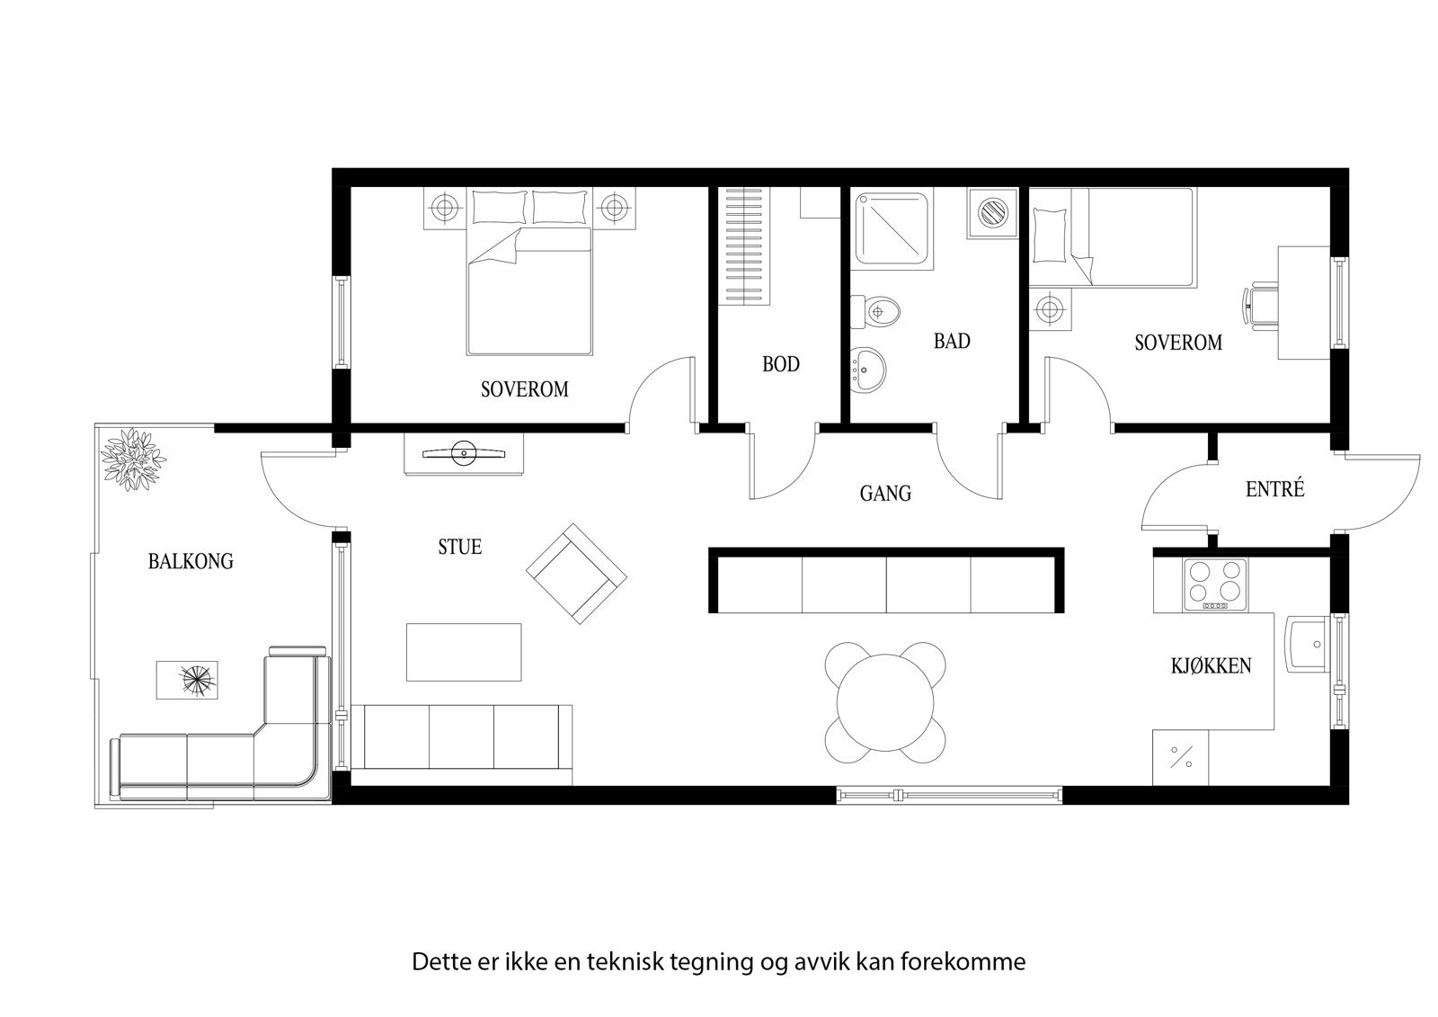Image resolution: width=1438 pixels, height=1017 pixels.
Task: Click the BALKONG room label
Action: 191,562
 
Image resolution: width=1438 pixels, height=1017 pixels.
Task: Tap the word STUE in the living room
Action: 459,547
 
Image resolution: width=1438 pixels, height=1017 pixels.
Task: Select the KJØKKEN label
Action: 1211,666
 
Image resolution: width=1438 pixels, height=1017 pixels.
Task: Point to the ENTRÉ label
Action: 1274,489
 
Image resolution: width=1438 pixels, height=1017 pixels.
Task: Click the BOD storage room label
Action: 780,365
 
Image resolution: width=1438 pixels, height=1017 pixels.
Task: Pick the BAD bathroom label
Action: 952,342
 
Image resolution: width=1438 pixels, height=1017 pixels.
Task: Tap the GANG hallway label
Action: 885,494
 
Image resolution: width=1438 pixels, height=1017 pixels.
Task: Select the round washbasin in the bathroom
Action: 868,367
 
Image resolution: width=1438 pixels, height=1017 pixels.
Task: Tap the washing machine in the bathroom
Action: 993,213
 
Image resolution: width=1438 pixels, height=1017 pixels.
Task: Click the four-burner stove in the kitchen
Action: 1215,584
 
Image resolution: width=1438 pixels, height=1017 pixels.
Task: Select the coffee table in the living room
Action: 464,652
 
